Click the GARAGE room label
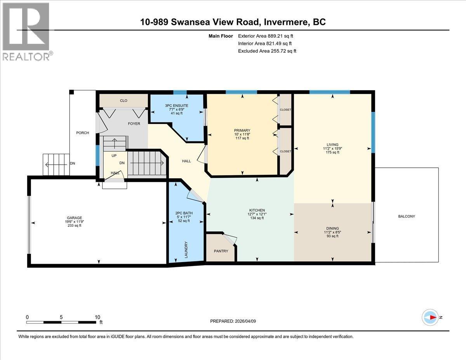tap(74, 217)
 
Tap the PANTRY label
tap(221, 251)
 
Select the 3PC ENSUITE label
tap(176, 105)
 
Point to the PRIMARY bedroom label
tap(242, 130)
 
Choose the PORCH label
tap(82, 133)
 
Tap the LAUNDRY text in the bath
tap(186, 249)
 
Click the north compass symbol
tap(431, 317)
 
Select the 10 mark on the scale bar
tap(97, 317)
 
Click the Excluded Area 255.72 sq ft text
tap(267, 51)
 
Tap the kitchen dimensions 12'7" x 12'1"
tap(257, 214)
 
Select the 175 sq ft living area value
tap(332, 152)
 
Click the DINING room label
tap(332, 228)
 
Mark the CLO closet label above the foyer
tap(123, 101)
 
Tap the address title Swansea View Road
tap(233, 22)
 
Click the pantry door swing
tap(230, 240)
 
